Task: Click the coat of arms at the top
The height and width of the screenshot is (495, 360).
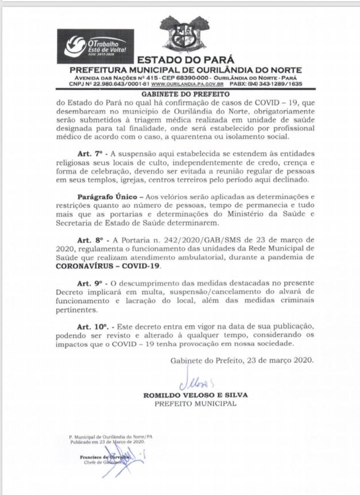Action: (x=185, y=36)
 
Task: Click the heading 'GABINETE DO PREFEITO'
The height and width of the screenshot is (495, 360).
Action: (x=185, y=93)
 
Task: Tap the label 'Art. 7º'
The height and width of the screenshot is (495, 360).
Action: (x=92, y=154)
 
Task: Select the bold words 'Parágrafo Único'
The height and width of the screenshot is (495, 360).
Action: (x=104, y=196)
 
